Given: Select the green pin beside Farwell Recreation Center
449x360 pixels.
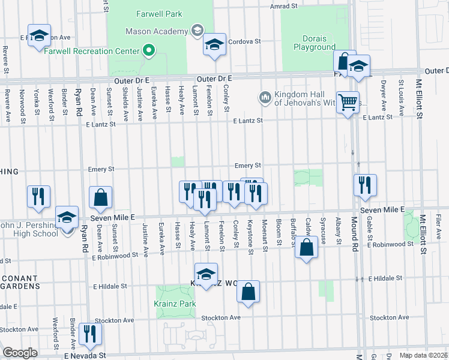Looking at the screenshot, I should (x=149, y=50).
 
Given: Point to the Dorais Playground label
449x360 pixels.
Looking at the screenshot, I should (x=315, y=41).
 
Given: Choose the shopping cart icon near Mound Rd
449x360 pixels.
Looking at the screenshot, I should (x=347, y=102).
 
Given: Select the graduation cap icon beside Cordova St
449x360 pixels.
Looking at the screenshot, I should (x=214, y=44).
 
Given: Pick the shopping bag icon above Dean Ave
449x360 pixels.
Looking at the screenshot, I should (x=100, y=196).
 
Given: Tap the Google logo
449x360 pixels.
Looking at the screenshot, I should (x=20, y=353).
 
